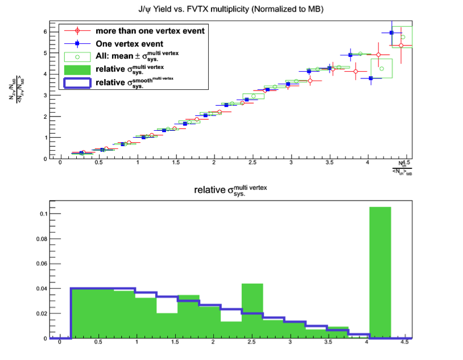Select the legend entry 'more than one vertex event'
[150, 30]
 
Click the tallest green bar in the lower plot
[380, 273]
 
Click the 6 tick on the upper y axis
[45, 31]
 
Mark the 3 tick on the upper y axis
[45, 95]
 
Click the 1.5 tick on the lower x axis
[175, 344]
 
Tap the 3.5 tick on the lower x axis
[329, 344]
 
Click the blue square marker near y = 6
[391, 33]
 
